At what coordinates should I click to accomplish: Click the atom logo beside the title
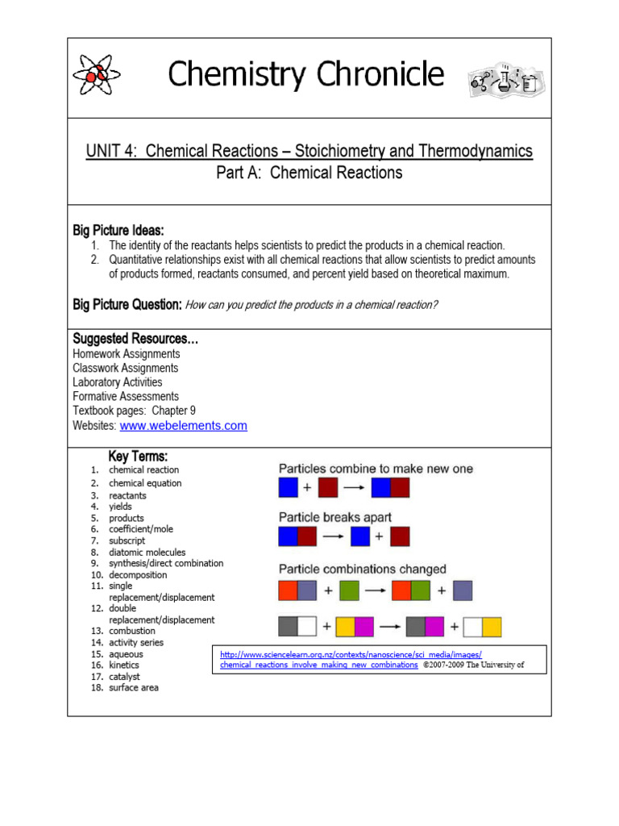click(96, 76)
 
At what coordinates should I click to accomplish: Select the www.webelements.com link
click(183, 425)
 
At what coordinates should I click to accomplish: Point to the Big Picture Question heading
click(127, 305)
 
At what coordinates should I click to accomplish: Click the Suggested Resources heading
click(135, 339)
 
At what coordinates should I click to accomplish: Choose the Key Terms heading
click(138, 457)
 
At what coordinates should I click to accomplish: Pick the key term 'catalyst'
click(124, 677)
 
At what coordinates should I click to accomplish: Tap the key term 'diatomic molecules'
click(147, 553)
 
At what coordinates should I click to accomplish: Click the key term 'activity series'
click(135, 643)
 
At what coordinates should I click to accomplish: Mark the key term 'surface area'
click(134, 688)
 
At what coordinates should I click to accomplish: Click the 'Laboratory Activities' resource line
click(117, 382)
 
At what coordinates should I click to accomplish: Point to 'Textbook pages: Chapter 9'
click(134, 411)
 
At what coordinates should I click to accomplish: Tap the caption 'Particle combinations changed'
click(362, 569)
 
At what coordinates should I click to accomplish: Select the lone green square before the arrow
click(349, 591)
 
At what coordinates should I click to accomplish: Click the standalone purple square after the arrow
click(462, 591)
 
